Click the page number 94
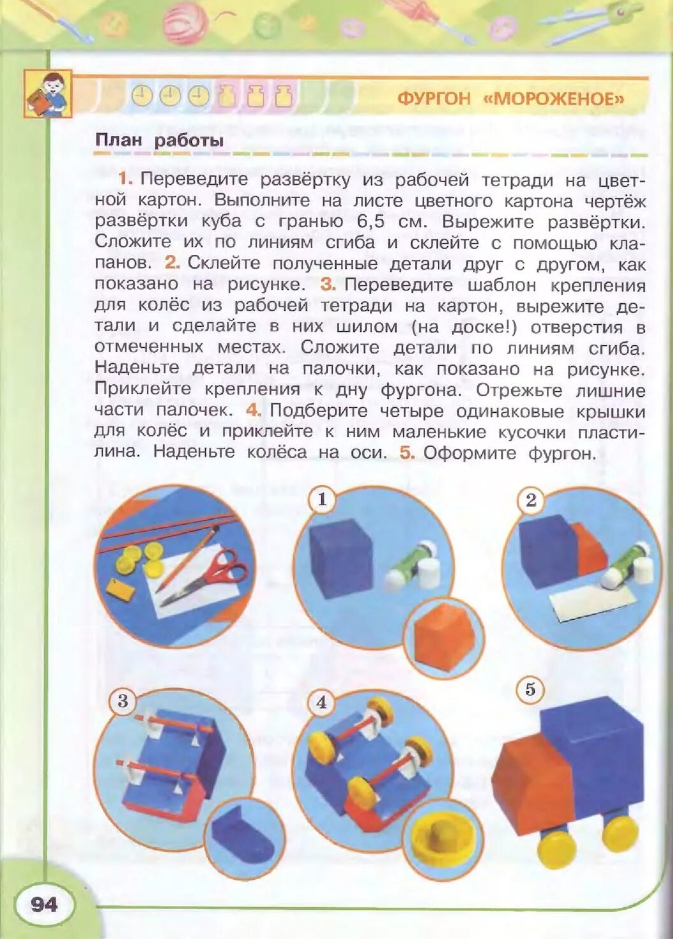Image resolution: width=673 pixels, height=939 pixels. tap(43, 904)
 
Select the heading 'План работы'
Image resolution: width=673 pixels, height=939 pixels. tap(159, 140)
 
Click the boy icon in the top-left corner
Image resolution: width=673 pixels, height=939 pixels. tap(48, 94)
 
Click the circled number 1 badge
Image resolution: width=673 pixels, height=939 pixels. tap(322, 499)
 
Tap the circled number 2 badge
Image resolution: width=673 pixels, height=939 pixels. tap(531, 500)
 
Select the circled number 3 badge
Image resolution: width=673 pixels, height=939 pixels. tap(123, 701)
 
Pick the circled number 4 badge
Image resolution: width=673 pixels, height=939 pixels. tap(321, 702)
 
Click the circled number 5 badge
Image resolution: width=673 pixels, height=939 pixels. tap(530, 690)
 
